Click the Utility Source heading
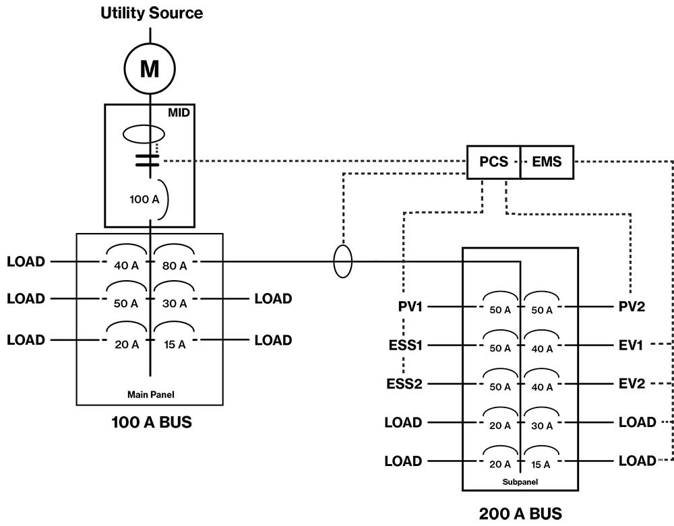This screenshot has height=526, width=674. click(152, 13)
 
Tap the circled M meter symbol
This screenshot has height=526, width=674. click(149, 68)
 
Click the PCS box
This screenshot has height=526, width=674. click(493, 162)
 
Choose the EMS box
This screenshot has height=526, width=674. click(547, 162)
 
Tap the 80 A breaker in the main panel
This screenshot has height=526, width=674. click(174, 265)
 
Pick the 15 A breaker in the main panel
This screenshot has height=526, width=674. click(174, 344)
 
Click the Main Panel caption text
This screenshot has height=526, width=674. click(149, 394)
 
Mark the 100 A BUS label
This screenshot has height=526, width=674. click(151, 423)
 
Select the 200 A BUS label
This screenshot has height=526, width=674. click(520, 513)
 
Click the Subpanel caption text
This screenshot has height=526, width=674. click(520, 482)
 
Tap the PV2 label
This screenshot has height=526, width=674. click(632, 307)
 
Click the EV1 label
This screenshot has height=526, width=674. click(632, 346)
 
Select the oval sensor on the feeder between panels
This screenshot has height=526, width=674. click(342, 261)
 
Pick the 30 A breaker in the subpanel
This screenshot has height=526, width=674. click(542, 425)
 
